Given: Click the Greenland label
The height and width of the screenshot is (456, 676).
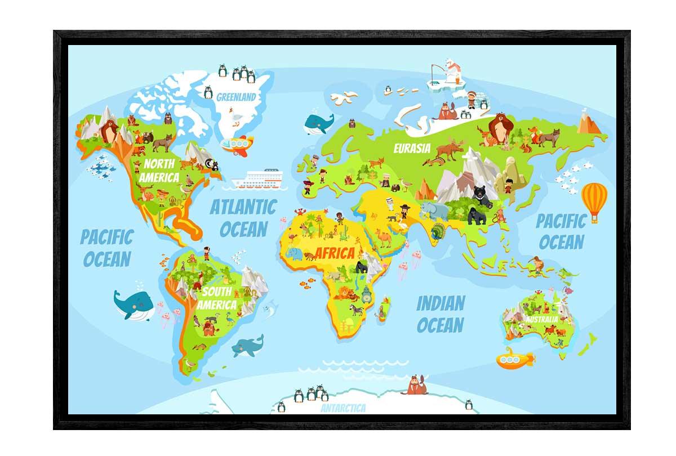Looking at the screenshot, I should coord(236,97).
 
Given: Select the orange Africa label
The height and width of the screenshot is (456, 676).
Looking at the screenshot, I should coord(335,253).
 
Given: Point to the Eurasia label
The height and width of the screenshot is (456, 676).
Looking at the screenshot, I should coord(412,149).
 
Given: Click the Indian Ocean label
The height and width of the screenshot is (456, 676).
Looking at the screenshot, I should coord(440,314).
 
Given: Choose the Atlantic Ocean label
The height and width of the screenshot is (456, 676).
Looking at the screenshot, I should coord(243,218).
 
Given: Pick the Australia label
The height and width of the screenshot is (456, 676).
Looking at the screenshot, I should coord(541,319).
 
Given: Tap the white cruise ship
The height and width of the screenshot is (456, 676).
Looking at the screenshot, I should coord(259,180).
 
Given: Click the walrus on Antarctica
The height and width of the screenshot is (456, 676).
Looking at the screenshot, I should coord(418,386).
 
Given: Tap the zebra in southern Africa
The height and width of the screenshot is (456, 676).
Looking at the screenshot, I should coord(357,310).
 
